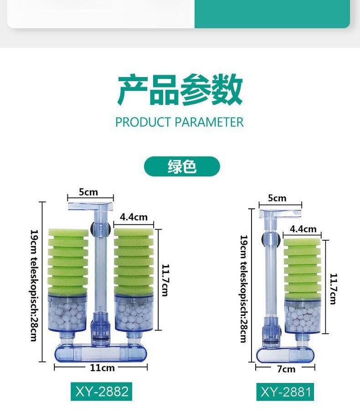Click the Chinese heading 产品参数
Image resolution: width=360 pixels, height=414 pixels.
pyautogui.click(x=180, y=89)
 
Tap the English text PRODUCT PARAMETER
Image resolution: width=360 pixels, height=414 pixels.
pyautogui.click(x=180, y=122)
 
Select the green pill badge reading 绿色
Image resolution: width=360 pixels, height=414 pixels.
pyautogui.click(x=182, y=166)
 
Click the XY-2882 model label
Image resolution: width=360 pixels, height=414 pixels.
pyautogui.click(x=102, y=391)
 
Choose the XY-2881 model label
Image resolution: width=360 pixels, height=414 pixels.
pyautogui.click(x=286, y=392)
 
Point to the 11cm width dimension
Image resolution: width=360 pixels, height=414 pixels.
pyautogui.click(x=103, y=367)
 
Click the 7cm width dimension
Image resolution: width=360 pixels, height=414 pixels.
pyautogui.click(x=286, y=369)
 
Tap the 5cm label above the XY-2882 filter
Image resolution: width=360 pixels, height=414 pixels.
pyautogui.click(x=88, y=192)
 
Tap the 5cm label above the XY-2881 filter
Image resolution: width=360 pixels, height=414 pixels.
pyautogui.click(x=277, y=198)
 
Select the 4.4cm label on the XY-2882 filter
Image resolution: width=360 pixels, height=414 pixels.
pyautogui.click(x=134, y=217)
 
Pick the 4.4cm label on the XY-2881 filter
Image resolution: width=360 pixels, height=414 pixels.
pyautogui.click(x=303, y=229)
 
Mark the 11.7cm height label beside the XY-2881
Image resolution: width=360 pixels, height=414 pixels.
pyautogui.click(x=333, y=289)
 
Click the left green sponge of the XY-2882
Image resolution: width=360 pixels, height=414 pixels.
pyautogui.click(x=68, y=261)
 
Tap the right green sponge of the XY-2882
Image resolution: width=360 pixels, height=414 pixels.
pyautogui.click(x=134, y=261)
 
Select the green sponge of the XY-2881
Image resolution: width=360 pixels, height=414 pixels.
pyautogui.click(x=303, y=269)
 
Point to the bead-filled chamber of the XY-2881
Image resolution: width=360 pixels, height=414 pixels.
pyautogui.click(x=303, y=316)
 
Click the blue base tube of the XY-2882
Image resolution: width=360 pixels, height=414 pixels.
pyautogui.click(x=100, y=353)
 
